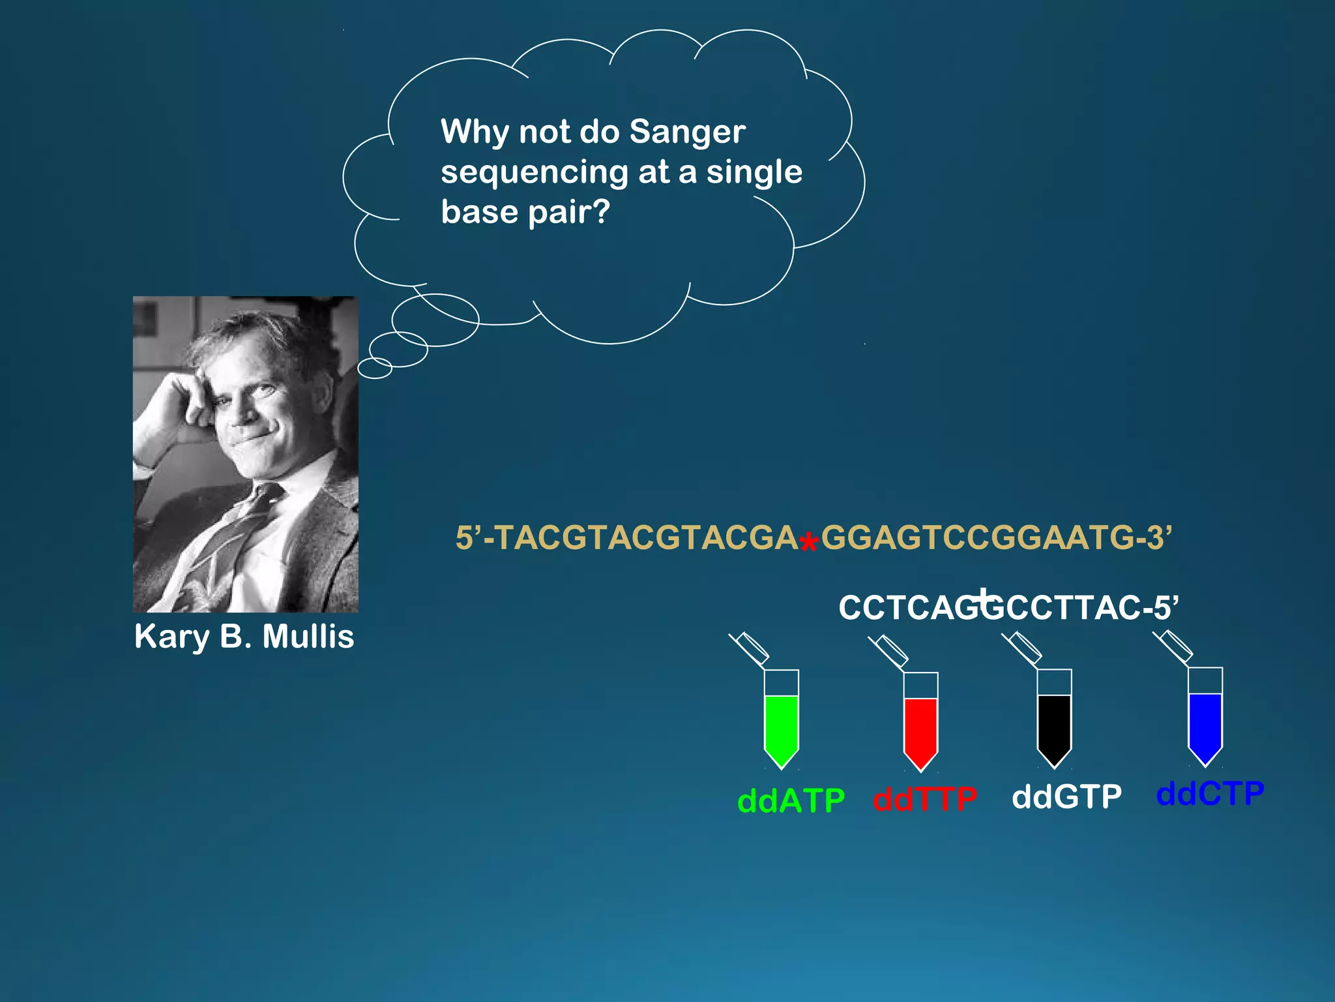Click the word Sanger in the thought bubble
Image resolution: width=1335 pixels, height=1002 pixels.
[687, 132]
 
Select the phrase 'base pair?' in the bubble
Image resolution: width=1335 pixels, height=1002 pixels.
[525, 212]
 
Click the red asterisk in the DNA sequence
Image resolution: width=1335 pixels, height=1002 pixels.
[808, 543]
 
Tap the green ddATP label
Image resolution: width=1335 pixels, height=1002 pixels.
[791, 800]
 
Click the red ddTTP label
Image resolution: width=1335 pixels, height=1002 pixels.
[925, 799]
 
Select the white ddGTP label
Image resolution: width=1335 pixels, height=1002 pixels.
[1066, 797]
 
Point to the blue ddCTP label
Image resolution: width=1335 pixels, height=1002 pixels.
[1210, 794]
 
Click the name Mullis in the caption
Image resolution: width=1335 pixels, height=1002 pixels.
[308, 637]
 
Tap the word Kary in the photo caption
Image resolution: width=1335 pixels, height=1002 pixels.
[171, 637]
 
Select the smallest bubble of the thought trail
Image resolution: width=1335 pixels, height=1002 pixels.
[375, 369]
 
